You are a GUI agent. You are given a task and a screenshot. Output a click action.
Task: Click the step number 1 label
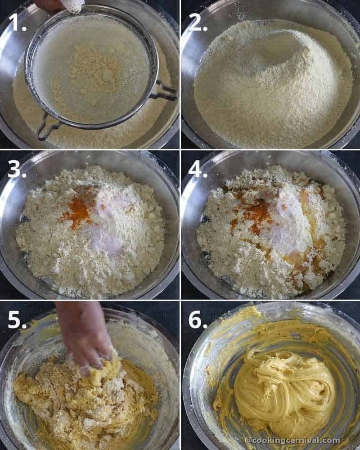click(18, 22)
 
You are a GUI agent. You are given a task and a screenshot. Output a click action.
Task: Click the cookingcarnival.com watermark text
click(292, 440)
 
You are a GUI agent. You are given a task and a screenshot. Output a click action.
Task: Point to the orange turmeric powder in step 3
click(79, 211)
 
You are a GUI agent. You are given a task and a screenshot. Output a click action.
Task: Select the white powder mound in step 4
click(288, 220)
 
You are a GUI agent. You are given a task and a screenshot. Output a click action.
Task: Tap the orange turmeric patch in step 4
click(254, 211)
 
